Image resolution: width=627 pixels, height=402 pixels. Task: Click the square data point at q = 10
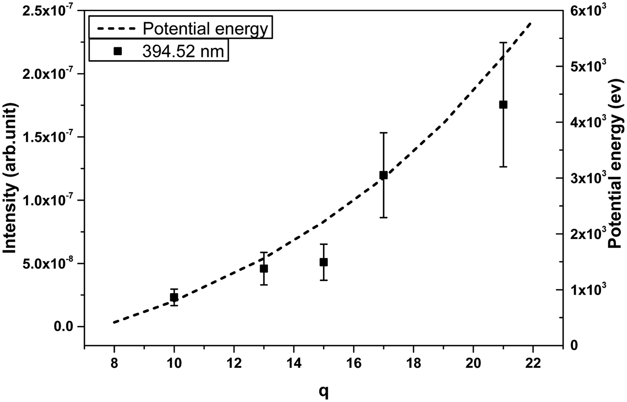click(x=174, y=297)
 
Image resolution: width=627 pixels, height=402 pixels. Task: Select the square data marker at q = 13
click(x=264, y=268)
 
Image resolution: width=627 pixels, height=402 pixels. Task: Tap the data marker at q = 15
click(x=323, y=262)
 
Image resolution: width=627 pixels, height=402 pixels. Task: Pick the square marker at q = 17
click(x=383, y=175)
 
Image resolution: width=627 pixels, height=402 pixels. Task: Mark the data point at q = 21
click(x=503, y=104)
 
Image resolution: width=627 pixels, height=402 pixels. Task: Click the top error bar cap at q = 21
click(x=503, y=43)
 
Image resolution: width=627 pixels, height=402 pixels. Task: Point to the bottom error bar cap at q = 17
click(x=383, y=217)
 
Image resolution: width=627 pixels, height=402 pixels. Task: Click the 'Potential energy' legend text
click(x=205, y=29)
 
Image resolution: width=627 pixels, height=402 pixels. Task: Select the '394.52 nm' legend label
click(x=183, y=51)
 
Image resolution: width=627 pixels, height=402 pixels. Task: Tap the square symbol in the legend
click(x=117, y=51)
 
